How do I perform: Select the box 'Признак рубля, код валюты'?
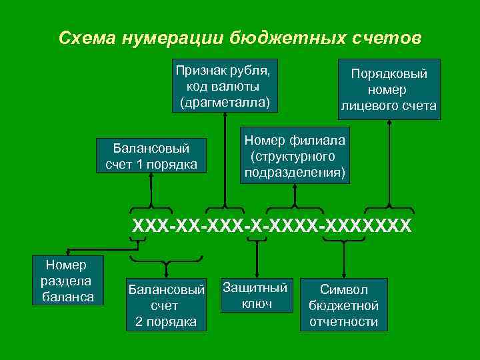click(225, 85)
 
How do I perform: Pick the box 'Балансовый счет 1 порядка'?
click(151, 155)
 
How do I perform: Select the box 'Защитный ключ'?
click(257, 295)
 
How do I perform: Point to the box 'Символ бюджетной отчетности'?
click(343, 305)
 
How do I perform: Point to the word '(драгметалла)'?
click(225, 102)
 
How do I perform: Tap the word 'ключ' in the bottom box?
click(257, 303)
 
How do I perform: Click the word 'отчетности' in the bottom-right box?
click(343, 322)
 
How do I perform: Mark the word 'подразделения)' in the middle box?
click(295, 173)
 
